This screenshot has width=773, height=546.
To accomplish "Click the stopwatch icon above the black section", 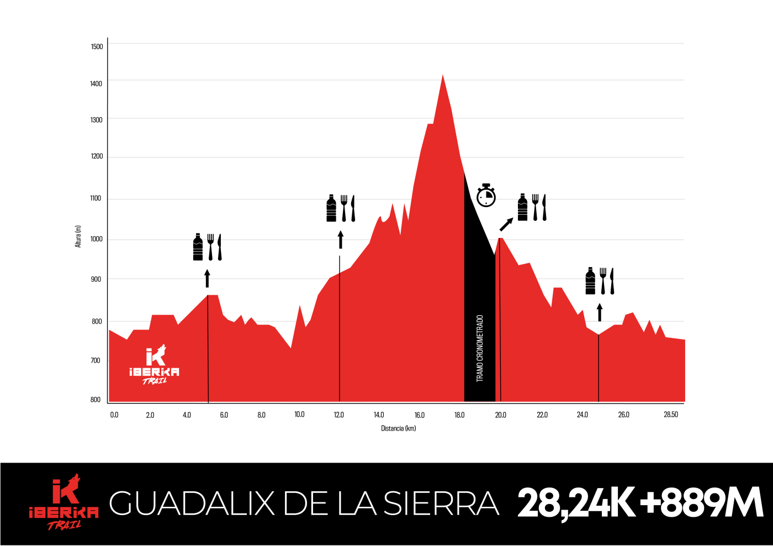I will (x=486, y=195).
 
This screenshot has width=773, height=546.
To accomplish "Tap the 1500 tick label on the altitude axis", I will (x=97, y=46).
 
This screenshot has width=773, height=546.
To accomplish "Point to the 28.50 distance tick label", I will (x=670, y=415).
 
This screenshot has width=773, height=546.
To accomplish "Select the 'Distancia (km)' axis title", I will (x=398, y=428).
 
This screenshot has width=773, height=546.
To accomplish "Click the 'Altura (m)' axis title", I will (x=78, y=236).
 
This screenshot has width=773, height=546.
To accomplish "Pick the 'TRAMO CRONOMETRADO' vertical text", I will (x=480, y=348).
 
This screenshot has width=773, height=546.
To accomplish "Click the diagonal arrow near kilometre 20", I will (x=506, y=224).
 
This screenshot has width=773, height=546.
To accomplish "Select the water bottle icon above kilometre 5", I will (x=198, y=247).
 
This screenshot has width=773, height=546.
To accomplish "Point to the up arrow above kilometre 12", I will (x=340, y=240).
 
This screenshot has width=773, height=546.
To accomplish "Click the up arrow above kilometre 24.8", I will (x=600, y=312).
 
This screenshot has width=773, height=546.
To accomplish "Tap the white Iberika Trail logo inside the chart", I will (x=155, y=365).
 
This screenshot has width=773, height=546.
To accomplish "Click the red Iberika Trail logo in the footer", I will (x=64, y=502).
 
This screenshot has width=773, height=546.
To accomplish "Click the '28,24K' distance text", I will (x=575, y=503).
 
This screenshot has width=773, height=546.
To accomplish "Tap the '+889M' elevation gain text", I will (x=701, y=503).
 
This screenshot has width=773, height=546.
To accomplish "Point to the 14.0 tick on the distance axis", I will (x=378, y=415).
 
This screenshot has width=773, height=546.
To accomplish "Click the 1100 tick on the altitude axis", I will (x=96, y=198).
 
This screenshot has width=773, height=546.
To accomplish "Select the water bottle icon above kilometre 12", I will (x=331, y=208).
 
